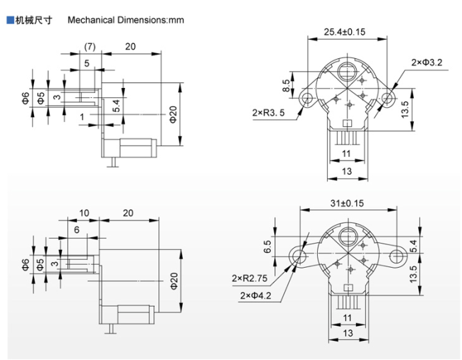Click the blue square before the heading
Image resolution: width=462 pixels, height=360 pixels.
click(x=11, y=20)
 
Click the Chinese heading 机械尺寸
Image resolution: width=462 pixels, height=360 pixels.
click(x=33, y=20)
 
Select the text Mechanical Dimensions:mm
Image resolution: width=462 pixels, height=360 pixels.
click(x=126, y=20)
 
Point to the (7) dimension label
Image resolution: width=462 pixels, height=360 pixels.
click(x=90, y=46)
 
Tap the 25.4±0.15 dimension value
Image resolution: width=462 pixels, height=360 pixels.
click(x=345, y=32)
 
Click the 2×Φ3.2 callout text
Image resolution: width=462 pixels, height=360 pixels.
click(x=427, y=62)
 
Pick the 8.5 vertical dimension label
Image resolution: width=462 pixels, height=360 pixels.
click(x=286, y=86)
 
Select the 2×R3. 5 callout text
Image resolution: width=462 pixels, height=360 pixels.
click(x=269, y=112)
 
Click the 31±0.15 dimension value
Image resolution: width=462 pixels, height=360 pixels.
click(x=347, y=203)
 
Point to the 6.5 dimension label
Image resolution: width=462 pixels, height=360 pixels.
click(x=267, y=246)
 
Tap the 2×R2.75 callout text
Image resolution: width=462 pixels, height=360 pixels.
click(x=249, y=278)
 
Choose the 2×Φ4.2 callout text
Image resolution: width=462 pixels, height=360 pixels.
click(x=255, y=295)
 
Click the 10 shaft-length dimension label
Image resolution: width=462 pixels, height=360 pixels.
click(x=84, y=213)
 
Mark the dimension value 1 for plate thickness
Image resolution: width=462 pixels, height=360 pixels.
click(x=82, y=117)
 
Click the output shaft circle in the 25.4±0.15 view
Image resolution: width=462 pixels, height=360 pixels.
click(x=347, y=72)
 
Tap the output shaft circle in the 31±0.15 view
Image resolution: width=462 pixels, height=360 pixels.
click(x=348, y=236)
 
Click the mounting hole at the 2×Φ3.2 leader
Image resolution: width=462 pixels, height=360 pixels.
click(x=387, y=98)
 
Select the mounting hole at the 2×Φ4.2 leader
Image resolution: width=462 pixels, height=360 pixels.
click(x=299, y=256)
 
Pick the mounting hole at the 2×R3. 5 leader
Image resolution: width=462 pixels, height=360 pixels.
click(x=307, y=97)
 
